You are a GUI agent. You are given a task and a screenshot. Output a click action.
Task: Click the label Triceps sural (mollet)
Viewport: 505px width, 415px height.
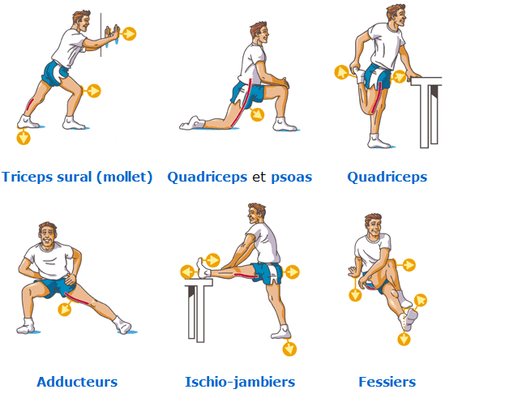click(x=77, y=177)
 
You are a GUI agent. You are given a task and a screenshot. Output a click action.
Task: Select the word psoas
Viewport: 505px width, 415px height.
click(x=292, y=177)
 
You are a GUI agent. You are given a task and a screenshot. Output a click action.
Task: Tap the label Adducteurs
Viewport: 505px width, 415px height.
click(x=77, y=382)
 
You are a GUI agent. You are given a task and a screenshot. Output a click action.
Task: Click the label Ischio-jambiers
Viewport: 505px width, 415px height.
click(x=240, y=382)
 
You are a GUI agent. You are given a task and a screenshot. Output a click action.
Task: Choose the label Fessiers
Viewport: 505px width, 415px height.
click(x=387, y=382)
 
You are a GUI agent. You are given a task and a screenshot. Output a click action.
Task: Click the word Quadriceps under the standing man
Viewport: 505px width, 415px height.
click(x=387, y=177)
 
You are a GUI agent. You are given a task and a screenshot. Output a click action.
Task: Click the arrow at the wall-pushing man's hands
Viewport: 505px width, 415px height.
click(x=129, y=33)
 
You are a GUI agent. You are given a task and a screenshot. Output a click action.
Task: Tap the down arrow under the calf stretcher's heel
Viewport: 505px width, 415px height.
click(x=24, y=138)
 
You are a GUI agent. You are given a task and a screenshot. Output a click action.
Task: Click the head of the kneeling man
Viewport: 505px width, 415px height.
click(x=258, y=32)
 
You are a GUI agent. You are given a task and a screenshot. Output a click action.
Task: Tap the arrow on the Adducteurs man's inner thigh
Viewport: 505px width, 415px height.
click(x=66, y=308)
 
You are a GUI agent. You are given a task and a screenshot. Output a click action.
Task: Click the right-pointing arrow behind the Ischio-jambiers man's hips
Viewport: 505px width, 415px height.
click(x=293, y=272)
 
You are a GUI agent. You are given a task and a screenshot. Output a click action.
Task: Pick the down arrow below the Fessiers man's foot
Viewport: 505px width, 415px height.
click(x=404, y=339)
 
